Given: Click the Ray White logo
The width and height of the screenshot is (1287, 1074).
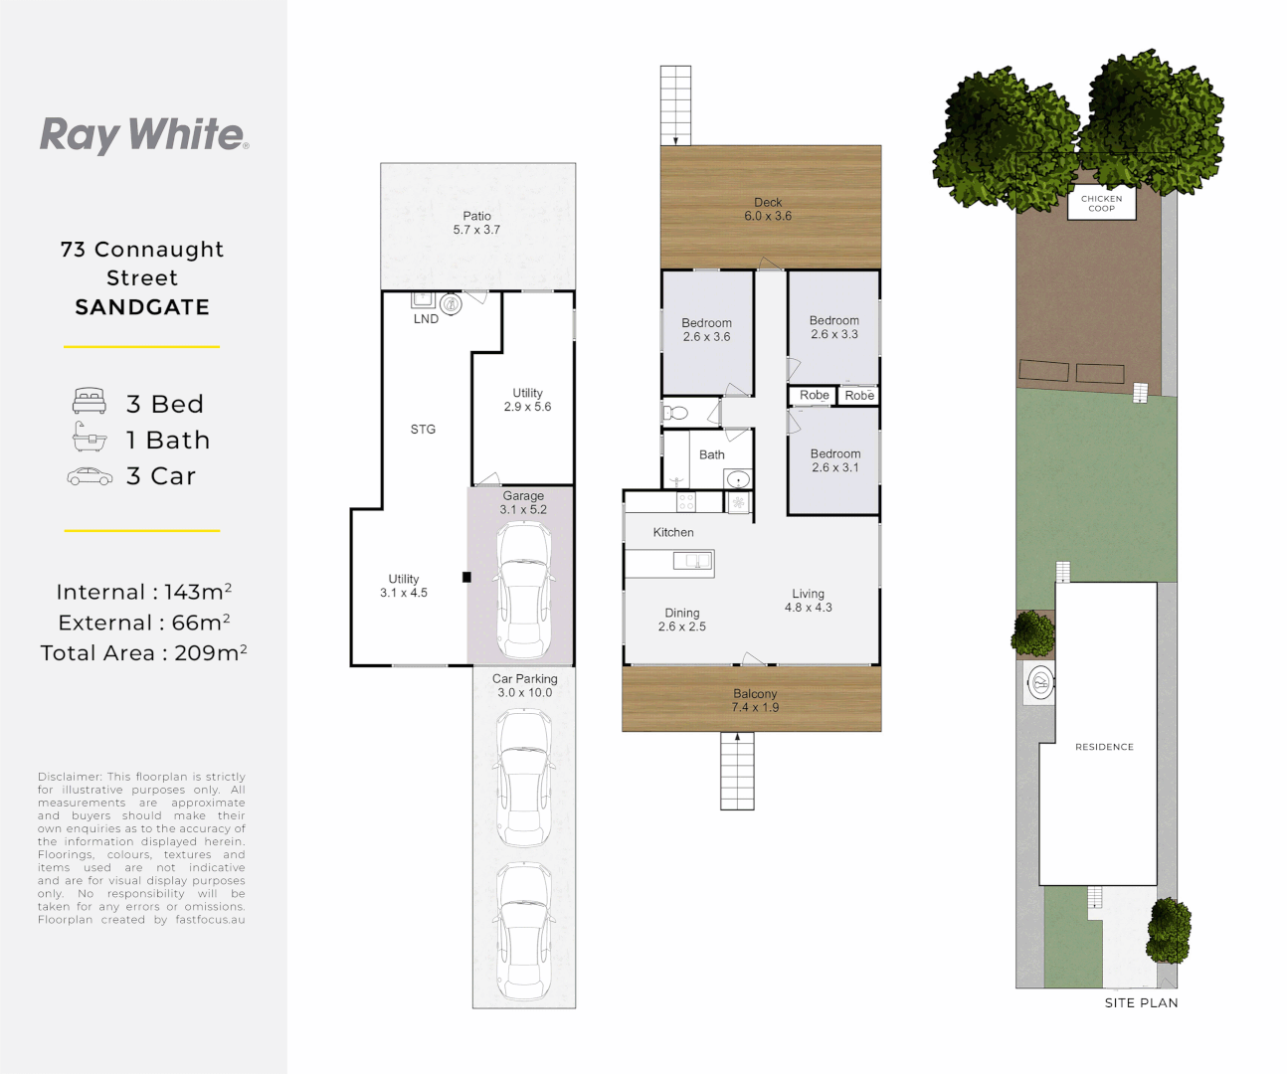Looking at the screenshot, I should (143, 135).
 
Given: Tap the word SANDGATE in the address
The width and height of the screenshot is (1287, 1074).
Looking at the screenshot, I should (142, 307).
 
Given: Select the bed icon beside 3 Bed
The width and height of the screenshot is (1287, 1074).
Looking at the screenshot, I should (90, 402).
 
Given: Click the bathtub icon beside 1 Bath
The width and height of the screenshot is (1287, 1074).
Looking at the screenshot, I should (90, 438).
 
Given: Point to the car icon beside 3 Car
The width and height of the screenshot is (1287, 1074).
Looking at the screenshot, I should (90, 477).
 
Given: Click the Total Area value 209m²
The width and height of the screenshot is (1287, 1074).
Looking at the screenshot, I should (210, 653).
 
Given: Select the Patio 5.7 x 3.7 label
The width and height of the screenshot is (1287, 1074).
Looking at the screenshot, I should (476, 223).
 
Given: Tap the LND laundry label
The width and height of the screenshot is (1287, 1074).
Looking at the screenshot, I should (426, 319).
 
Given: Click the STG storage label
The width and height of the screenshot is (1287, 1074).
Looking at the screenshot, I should (423, 430).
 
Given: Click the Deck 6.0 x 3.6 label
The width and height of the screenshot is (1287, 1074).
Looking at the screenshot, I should (768, 209).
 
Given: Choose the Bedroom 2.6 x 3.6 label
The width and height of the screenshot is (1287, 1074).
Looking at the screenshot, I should (706, 330).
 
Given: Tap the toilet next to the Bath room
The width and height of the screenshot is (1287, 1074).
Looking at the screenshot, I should (676, 412).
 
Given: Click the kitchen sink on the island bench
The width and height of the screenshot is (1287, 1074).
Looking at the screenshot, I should (692, 562).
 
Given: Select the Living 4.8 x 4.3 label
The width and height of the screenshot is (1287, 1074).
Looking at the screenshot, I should (808, 601).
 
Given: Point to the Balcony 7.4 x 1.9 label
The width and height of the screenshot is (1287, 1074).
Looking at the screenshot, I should (755, 701).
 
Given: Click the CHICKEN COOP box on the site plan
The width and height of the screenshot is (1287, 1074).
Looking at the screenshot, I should (1101, 204).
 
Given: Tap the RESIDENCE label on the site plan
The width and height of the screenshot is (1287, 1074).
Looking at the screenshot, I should (1104, 747).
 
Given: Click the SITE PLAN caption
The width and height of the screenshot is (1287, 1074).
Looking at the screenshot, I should (1141, 1003).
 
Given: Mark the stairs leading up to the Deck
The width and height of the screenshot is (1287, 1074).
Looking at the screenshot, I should (675, 105).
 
